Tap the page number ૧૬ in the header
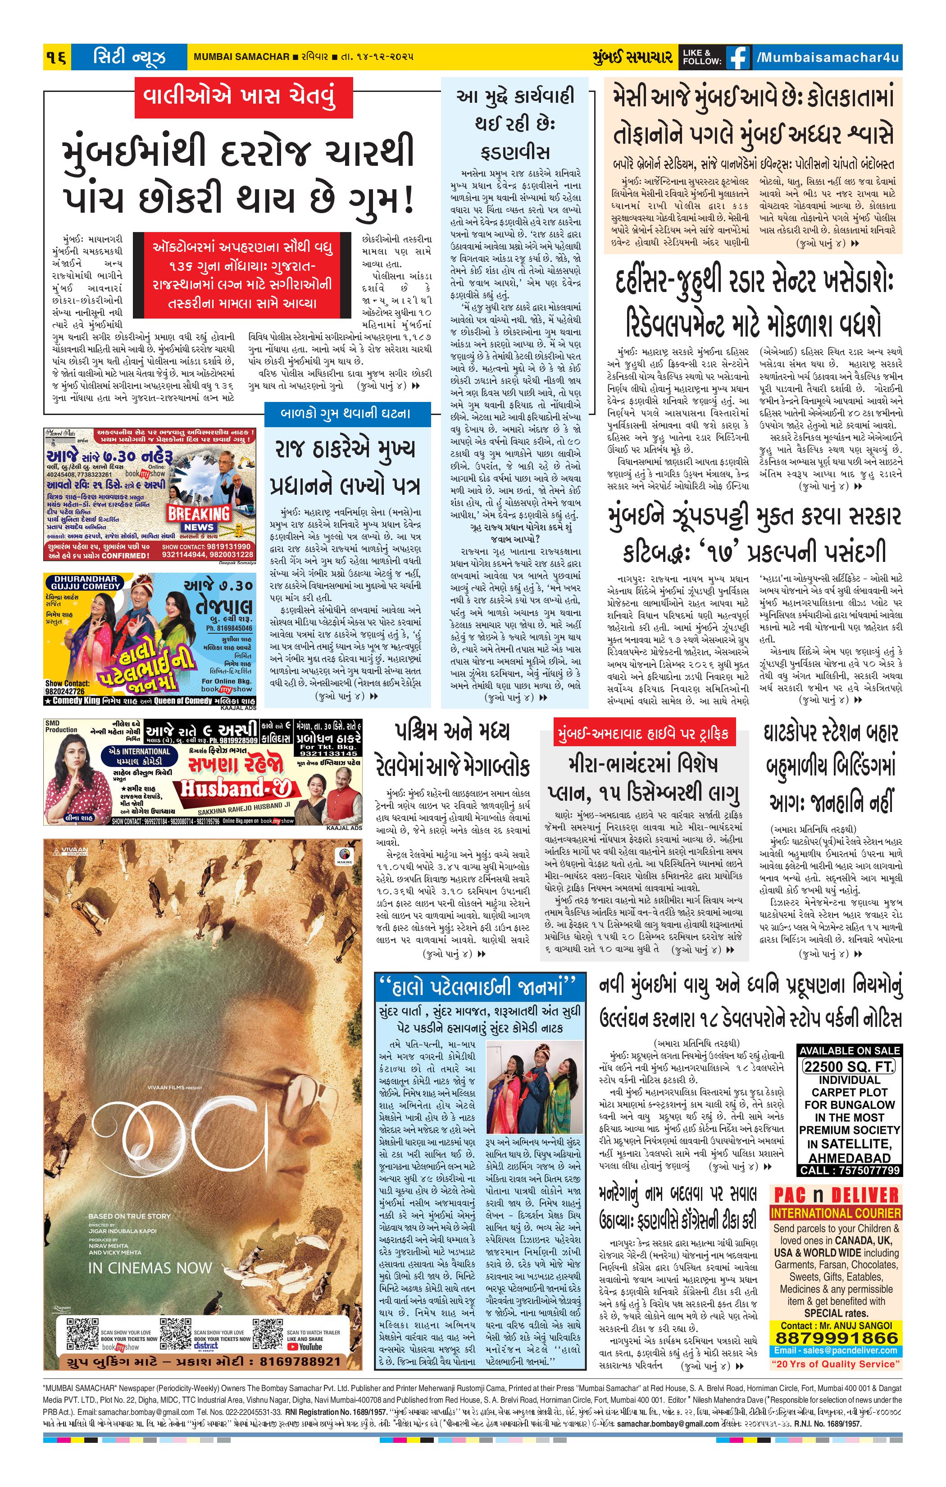coord(57,57)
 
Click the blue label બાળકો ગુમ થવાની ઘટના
coord(346,413)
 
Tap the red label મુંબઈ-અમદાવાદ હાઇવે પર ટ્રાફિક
coord(642,734)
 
